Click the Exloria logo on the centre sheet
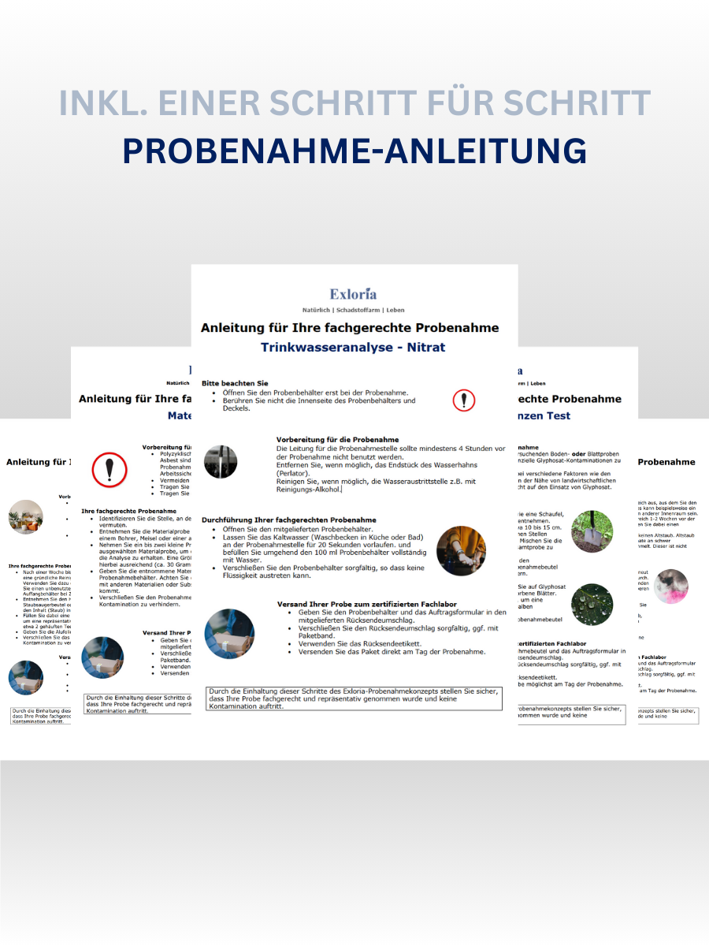click(x=354, y=294)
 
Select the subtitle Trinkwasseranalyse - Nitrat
click(x=354, y=347)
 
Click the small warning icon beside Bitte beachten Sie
click(x=464, y=400)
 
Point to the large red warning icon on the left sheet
click(x=110, y=470)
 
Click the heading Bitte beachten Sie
click(x=235, y=382)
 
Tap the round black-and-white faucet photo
click(x=221, y=462)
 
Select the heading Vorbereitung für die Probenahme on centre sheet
click(x=337, y=439)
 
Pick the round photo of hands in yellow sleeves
click(x=461, y=551)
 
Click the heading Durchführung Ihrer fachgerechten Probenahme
click(x=288, y=520)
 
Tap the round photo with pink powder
click(x=670, y=587)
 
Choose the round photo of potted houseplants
click(x=26, y=517)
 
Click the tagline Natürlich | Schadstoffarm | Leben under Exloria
click(x=354, y=310)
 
